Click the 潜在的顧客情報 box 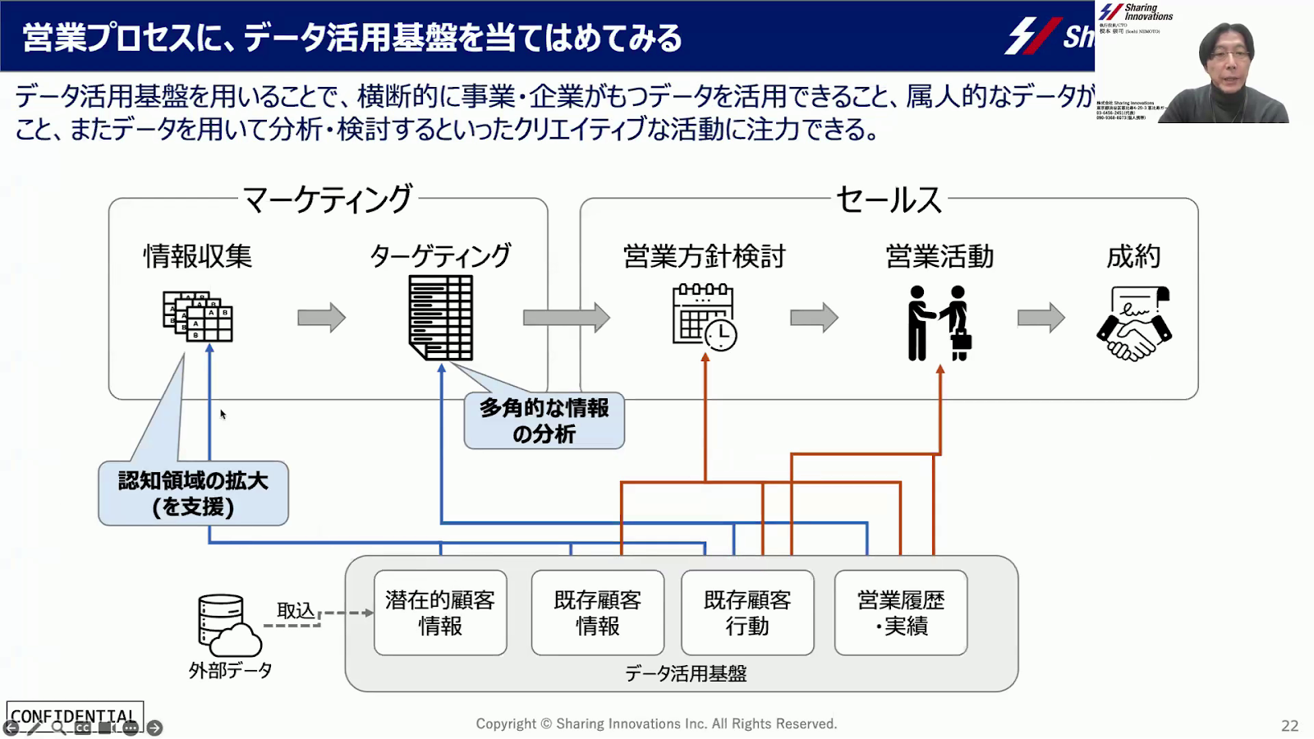[x=440, y=613]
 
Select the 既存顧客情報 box [x=597, y=613]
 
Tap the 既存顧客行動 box [x=747, y=613]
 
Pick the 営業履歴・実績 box [x=901, y=613]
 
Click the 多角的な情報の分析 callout [x=544, y=421]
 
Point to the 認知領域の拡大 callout [x=193, y=493]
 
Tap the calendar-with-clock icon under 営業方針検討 [x=705, y=317]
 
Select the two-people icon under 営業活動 [x=940, y=323]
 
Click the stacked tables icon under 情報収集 [x=198, y=316]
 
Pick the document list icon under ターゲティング [x=441, y=318]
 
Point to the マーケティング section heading [x=328, y=200]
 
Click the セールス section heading [x=889, y=200]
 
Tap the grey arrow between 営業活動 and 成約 [x=1041, y=318]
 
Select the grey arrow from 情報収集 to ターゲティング [x=321, y=318]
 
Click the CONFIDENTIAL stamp [x=74, y=716]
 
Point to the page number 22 [x=1289, y=726]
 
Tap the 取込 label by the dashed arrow [x=296, y=610]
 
